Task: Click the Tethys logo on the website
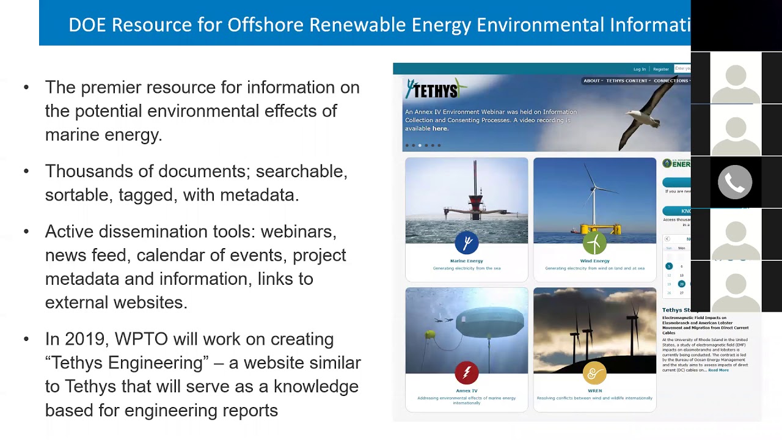(435, 90)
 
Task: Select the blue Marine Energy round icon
(467, 243)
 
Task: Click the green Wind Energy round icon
(594, 243)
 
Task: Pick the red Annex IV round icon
(467, 373)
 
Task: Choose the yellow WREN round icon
(594, 373)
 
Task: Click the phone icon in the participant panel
(735, 182)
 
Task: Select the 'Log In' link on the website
(640, 69)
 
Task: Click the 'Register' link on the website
(661, 69)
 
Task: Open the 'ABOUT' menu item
(592, 81)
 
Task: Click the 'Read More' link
(718, 370)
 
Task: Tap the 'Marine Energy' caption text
(467, 261)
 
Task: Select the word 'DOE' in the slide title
(87, 24)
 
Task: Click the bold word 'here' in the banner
(440, 128)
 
